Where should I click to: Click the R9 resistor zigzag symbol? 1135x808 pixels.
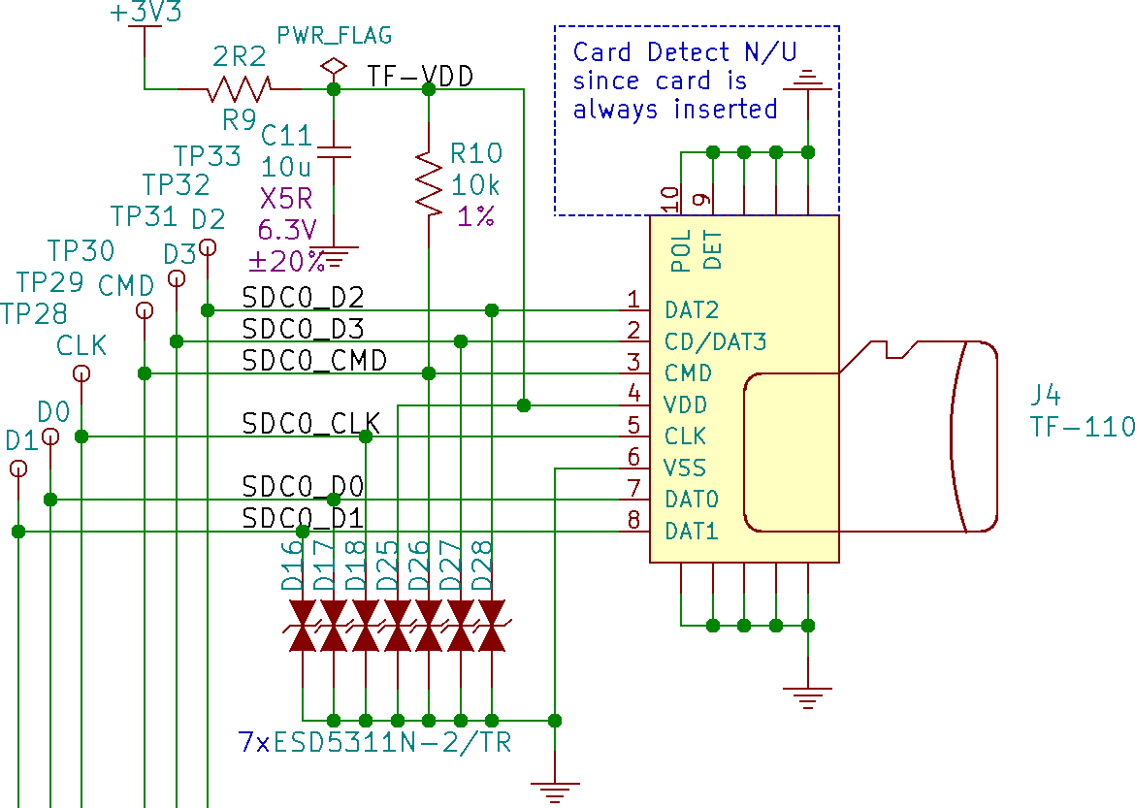239,89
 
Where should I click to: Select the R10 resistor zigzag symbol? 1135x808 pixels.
429,179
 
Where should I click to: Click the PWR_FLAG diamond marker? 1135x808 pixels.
334,66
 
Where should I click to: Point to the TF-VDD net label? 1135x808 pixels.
420,76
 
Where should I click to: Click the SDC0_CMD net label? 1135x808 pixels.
314,361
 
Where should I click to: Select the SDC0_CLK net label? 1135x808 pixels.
310,424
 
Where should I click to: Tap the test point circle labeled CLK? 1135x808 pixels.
82,373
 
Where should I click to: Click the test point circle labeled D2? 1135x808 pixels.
208,247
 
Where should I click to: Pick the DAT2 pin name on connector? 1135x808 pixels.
692,310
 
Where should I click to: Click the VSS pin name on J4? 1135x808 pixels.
685,468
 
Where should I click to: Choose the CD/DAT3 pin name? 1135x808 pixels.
716,341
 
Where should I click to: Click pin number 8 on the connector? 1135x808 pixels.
633,520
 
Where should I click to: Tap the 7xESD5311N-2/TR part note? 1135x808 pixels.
375,744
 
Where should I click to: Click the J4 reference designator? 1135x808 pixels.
1047,395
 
